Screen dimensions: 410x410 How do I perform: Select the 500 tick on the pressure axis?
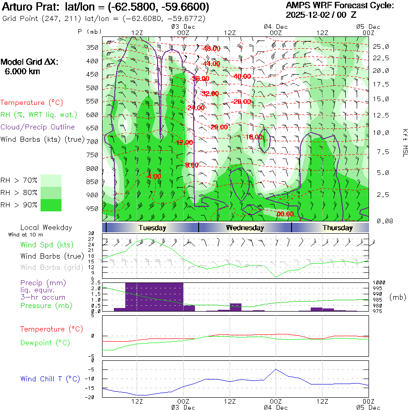point(92,87)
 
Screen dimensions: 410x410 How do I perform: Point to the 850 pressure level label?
point(92,182)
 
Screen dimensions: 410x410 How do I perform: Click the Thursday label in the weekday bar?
point(338,228)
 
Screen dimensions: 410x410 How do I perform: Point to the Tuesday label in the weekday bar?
point(152,228)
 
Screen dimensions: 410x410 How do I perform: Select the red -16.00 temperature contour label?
point(254,137)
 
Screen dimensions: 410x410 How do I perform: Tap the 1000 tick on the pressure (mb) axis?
point(379,283)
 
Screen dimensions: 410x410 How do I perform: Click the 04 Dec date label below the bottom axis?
point(276,407)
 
